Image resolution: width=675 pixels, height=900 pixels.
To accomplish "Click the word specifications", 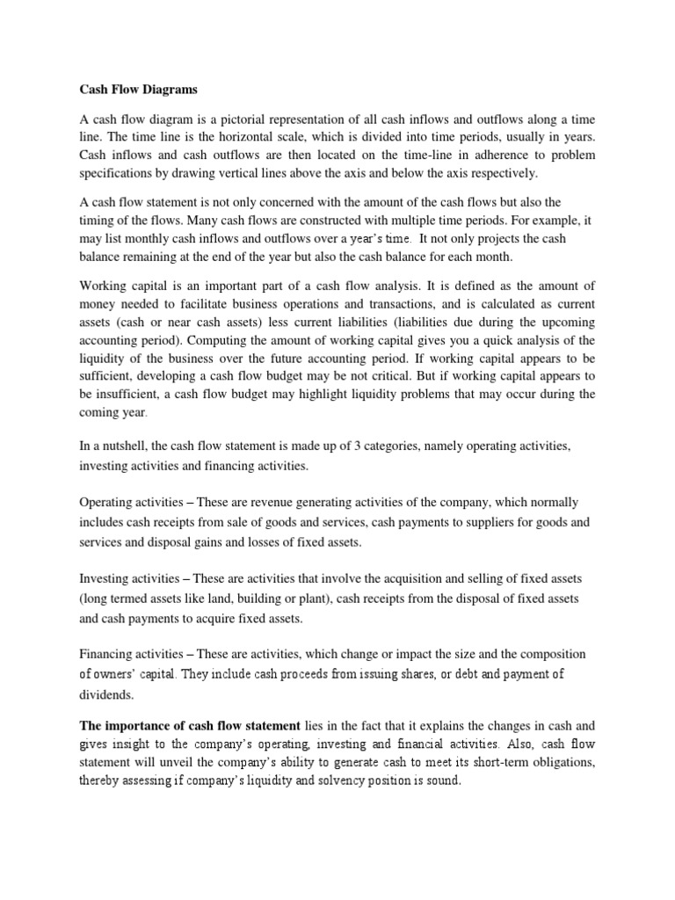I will coord(114,172).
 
